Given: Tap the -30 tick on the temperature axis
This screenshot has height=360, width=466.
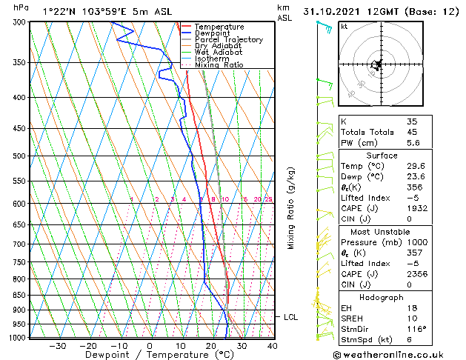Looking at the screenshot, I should click(x=57, y=345).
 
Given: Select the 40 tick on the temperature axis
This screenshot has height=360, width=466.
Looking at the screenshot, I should click(x=272, y=345).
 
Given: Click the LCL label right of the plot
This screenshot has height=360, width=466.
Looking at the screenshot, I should click(x=291, y=317).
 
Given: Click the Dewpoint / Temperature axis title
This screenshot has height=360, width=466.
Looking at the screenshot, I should click(x=149, y=355).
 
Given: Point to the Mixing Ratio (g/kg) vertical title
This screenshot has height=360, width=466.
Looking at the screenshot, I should click(x=291, y=207).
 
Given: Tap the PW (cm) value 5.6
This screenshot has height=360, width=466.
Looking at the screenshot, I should click(x=412, y=144).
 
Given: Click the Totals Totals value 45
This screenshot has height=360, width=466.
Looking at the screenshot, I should click(x=412, y=133).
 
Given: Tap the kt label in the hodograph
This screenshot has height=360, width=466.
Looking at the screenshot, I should click(x=344, y=26).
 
